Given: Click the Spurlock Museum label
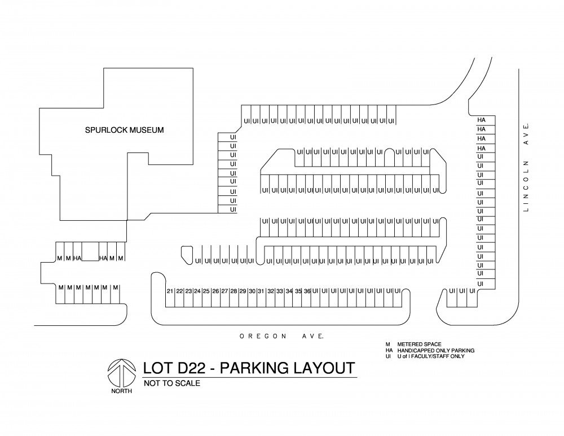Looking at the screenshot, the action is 124,130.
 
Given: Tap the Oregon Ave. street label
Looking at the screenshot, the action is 282,336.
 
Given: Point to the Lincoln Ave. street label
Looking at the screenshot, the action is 526,167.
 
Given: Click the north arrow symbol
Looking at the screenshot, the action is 122,373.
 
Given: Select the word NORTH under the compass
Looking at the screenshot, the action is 122,391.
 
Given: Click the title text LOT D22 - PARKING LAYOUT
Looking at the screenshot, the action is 249,368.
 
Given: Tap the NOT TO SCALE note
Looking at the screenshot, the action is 172,383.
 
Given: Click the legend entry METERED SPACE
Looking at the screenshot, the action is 419,345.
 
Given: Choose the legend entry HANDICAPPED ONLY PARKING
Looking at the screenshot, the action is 435,351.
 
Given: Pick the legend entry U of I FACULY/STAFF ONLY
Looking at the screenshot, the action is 430,356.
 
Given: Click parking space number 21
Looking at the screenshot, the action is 170,291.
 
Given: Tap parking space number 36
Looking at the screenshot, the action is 307,291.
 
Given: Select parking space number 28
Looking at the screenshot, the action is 234,291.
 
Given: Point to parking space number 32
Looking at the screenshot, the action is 271,291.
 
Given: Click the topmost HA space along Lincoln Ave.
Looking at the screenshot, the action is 481,120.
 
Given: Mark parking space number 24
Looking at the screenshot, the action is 197,291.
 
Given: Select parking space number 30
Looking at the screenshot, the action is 252,291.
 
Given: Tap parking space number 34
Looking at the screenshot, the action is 289,291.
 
